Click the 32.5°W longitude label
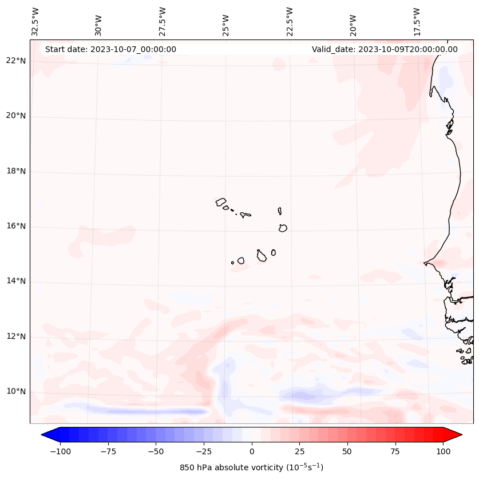tap(35, 22)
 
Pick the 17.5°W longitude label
tap(418, 22)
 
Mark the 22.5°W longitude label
tap(290, 22)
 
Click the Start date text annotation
tap(110, 49)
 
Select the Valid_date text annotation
tap(385, 49)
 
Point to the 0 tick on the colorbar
tap(252, 452)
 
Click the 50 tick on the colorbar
tap(347, 452)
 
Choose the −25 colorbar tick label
tap(204, 452)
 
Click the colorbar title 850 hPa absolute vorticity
tap(251, 468)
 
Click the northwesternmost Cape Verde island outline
tap(221, 202)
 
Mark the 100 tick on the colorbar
tap(442, 452)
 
